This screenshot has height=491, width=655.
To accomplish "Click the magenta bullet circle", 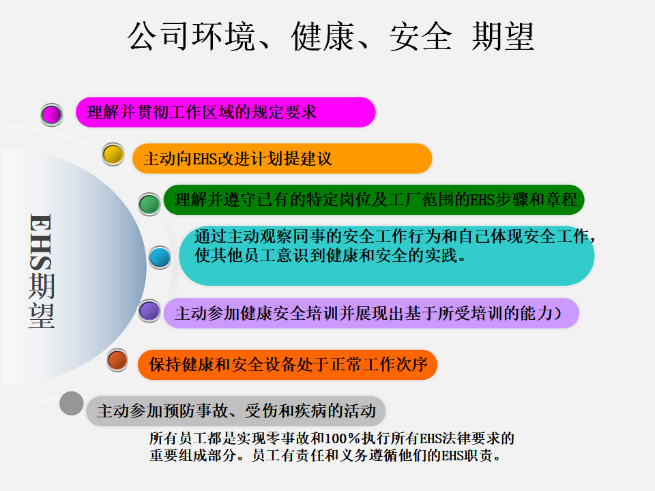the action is (52, 115).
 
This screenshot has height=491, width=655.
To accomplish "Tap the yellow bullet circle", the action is (113, 154).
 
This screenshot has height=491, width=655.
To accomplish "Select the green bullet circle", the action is (149, 204).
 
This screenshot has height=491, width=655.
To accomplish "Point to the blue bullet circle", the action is (160, 257).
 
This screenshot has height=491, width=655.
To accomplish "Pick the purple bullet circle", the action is (149, 311).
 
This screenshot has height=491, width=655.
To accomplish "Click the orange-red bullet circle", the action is (117, 360).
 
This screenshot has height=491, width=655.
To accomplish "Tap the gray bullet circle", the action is (72, 403).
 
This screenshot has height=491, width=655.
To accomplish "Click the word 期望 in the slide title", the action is (503, 37).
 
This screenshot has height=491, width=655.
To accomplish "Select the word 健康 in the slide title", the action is (323, 37).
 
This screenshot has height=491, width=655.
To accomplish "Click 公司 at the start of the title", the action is (158, 37).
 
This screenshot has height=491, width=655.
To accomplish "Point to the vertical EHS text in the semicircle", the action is (41, 241).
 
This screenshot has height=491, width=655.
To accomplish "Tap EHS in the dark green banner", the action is (482, 200).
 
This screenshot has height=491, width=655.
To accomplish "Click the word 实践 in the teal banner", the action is (441, 255).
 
